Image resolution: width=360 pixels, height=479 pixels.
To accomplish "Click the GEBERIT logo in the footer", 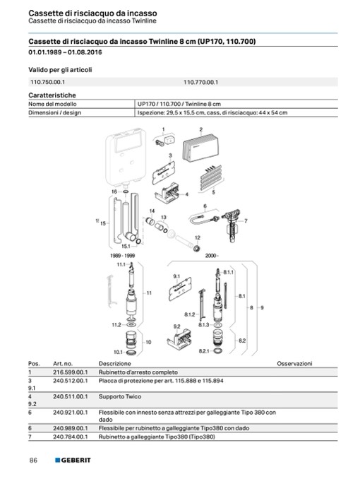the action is coord(73,460).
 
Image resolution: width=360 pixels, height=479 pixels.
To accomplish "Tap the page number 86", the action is coord(33,460).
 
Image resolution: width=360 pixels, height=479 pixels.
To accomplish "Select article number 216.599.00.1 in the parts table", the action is coord(70,372).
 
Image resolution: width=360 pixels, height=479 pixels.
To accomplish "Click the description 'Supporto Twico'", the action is coord(120,396).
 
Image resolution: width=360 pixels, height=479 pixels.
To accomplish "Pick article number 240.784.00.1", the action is coord(70,437).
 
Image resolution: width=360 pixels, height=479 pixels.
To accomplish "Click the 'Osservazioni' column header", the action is coord(294,364).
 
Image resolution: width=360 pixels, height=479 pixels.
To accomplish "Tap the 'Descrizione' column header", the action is coord(114,364).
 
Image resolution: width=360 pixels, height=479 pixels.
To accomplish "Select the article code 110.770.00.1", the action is coord(200,82).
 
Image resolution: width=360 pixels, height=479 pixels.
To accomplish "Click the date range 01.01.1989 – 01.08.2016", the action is coord(65,52).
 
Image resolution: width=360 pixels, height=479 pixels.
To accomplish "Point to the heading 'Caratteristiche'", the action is coord(52,95).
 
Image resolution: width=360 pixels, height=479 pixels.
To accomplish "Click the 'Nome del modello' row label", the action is coord(52,104).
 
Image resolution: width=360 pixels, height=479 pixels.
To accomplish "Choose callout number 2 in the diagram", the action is coord(201,129).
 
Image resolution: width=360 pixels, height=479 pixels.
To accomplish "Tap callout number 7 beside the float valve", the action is coord(246,220).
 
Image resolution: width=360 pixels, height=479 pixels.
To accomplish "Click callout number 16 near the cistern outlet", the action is coord(114,191).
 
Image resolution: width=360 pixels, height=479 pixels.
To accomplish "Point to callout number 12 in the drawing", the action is coord(198,237).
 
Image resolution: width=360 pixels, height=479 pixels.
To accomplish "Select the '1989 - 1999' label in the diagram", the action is coord(122,255).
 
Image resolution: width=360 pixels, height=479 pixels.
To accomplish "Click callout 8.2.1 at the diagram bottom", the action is coord(204,351).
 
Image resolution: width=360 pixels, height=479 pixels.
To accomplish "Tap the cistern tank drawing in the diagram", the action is coord(126,158).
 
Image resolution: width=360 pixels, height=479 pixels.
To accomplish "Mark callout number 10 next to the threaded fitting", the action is coord(148,342).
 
